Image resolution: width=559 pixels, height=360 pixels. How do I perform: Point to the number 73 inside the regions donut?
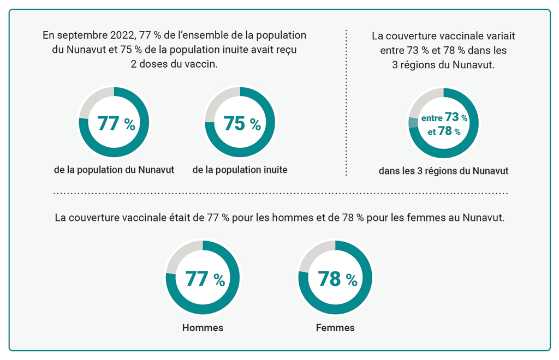coord(452,117)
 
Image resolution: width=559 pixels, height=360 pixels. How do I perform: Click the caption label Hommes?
coord(203,328)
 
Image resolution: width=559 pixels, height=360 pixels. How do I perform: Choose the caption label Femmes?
coord(335,328)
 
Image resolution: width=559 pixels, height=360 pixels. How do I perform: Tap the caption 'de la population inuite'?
coord(240,170)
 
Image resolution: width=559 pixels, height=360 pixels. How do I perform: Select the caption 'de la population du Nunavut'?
coord(114,170)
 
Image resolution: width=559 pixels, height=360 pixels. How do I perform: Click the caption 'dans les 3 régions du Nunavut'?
coord(443,171)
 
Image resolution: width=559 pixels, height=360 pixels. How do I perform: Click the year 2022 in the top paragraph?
coord(120,35)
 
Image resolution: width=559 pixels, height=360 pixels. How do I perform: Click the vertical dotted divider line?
coord(346,104)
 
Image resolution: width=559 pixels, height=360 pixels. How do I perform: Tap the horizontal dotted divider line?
coord(279,193)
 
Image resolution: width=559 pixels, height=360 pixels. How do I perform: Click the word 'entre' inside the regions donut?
coord(432,118)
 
